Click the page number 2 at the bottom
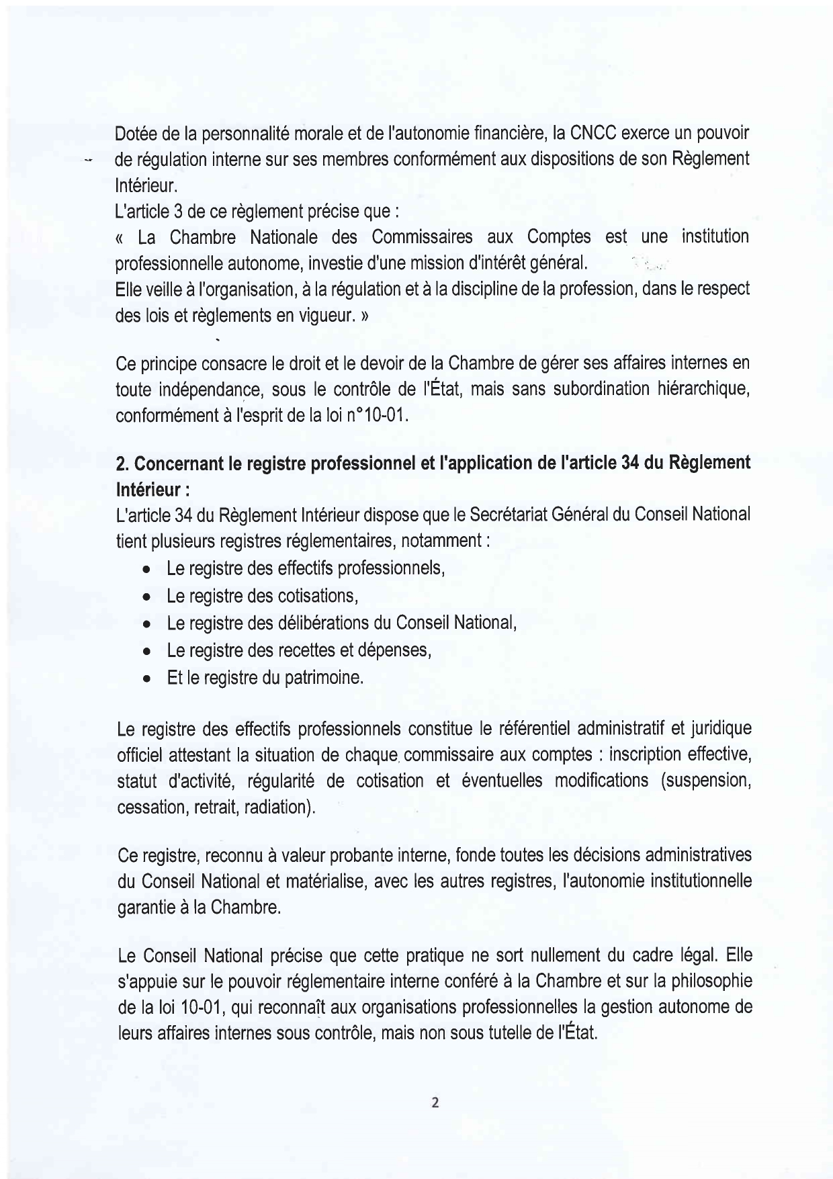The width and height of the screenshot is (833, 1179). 435,1102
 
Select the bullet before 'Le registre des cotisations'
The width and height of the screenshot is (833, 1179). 146,597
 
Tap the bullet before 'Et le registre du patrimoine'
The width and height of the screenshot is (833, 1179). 146,679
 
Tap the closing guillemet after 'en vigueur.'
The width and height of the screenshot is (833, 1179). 363,316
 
